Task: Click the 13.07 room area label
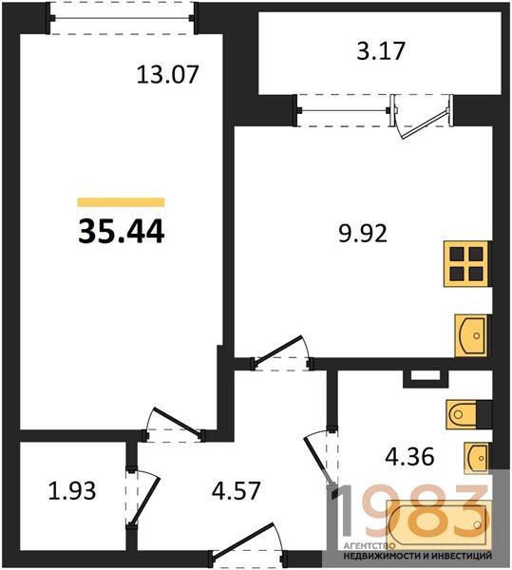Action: click(167, 74)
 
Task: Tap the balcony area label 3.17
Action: click(381, 51)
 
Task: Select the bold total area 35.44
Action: click(122, 232)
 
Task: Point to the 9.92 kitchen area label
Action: click(363, 234)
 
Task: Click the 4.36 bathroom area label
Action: click(409, 457)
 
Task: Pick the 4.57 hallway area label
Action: click(237, 490)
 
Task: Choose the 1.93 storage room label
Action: click(72, 490)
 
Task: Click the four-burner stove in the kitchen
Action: click(467, 264)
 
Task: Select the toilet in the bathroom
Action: click(468, 414)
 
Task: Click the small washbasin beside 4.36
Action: click(477, 458)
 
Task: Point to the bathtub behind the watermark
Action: click(439, 523)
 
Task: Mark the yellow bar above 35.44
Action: click(121, 202)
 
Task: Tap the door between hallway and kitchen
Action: click(282, 352)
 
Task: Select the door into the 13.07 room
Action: click(174, 425)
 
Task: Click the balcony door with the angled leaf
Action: click(422, 116)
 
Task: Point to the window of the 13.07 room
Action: click(123, 18)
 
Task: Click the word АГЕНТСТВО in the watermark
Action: click(369, 546)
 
